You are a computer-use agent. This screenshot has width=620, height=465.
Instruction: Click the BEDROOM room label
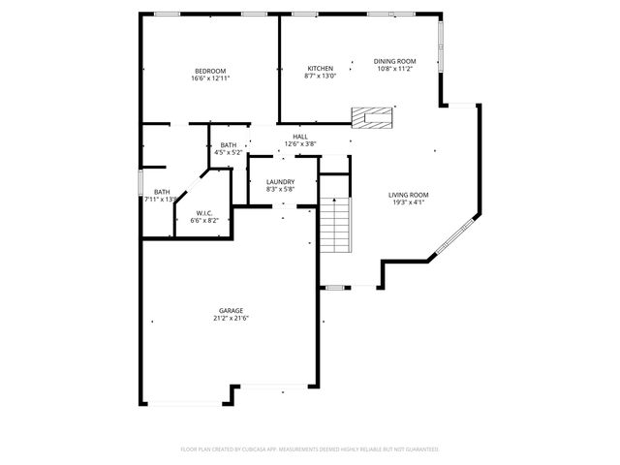(209, 71)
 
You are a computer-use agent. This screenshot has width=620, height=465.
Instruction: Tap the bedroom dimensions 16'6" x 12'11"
(209, 78)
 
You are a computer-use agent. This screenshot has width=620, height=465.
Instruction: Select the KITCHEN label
(321, 68)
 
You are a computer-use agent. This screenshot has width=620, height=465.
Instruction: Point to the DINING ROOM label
(394, 61)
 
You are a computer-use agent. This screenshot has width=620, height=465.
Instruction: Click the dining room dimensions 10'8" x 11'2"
(394, 69)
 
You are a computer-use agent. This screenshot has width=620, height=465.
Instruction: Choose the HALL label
(300, 137)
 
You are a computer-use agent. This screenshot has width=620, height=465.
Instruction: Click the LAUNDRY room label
(280, 182)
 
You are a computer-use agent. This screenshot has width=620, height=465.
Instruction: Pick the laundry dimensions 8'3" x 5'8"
(280, 190)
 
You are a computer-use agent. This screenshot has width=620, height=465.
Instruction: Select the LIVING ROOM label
(409, 195)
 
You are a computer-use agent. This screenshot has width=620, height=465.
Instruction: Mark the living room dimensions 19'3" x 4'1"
(409, 202)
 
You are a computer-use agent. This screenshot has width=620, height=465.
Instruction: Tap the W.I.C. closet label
(204, 213)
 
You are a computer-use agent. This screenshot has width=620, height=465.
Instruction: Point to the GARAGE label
(231, 310)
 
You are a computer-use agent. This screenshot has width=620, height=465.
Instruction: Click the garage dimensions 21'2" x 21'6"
(231, 318)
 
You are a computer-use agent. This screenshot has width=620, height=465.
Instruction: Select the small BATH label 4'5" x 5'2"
(228, 144)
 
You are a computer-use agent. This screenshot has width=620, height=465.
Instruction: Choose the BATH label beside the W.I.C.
(161, 192)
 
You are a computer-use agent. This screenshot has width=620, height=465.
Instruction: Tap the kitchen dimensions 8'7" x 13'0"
(321, 76)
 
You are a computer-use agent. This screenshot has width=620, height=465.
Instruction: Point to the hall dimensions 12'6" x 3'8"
(300, 144)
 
